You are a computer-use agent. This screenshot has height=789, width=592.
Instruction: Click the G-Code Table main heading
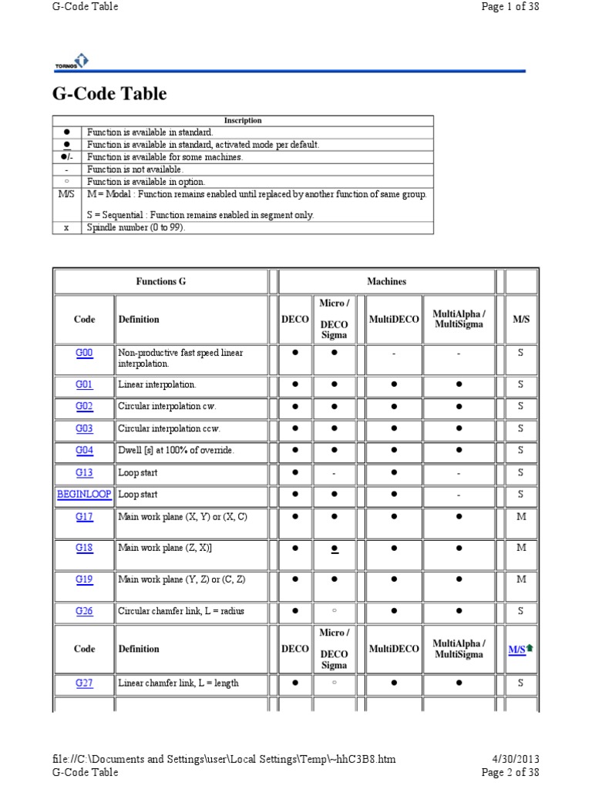coord(109,94)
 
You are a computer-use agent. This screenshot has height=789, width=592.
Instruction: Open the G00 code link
coord(84,353)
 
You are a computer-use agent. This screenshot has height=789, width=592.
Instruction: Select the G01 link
coord(84,384)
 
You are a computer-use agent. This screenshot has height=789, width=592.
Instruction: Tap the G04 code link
coord(84,450)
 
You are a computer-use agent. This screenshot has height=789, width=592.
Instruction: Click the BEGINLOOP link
coord(84,495)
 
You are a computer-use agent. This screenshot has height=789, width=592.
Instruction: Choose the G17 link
coord(84,517)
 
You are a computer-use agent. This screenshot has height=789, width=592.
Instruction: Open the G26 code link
coord(84,611)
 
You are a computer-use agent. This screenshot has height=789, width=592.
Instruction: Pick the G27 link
coord(84,683)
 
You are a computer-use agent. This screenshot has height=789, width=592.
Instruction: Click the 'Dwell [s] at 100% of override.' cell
coord(176,450)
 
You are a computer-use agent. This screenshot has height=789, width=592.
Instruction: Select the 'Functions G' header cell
coord(160,282)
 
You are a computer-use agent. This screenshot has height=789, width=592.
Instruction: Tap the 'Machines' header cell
coord(386,282)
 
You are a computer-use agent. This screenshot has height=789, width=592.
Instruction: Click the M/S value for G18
coord(521,548)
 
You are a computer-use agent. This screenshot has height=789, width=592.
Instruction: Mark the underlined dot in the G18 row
coord(334,549)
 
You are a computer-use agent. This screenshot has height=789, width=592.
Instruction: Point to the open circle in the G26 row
coord(334,611)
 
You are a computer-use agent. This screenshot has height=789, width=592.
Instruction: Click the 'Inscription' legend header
coord(243,120)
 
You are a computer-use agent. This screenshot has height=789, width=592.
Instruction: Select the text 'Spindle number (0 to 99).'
coord(136,228)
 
